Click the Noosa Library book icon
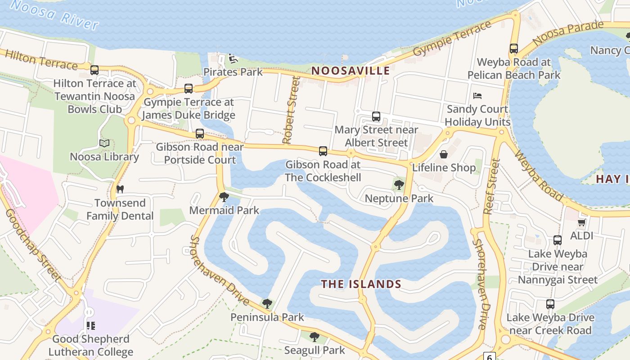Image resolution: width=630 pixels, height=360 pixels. tap(104, 143)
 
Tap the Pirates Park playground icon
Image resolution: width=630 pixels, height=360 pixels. tap(233, 58)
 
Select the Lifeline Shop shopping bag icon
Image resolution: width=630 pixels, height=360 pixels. tap(444, 154)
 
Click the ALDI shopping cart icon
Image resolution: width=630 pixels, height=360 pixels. tap(581, 222)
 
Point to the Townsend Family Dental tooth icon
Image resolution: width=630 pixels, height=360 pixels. tap(120, 189)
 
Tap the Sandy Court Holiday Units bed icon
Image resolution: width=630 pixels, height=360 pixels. tap(477, 95)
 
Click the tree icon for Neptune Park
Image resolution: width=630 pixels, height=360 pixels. tap(399, 184)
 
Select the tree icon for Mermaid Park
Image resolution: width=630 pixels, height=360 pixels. tap(224, 197)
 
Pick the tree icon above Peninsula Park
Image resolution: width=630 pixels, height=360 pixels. tap(267, 303)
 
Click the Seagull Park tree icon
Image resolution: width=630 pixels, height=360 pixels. tap(315, 337)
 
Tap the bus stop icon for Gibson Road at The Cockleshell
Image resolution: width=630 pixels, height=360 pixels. tap(323, 151)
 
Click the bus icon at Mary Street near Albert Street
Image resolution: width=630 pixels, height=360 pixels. tap(376, 117)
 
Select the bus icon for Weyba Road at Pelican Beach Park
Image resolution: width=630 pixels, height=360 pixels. tap(514, 49)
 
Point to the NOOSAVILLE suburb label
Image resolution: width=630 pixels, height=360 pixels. tap(351, 71)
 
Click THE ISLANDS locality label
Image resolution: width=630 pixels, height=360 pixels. tap(361, 284)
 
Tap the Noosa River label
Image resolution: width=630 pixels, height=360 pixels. tap(54, 15)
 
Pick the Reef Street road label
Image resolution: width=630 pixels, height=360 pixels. tap(491, 186)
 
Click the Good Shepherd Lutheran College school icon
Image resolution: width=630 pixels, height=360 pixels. tap(91, 325)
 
